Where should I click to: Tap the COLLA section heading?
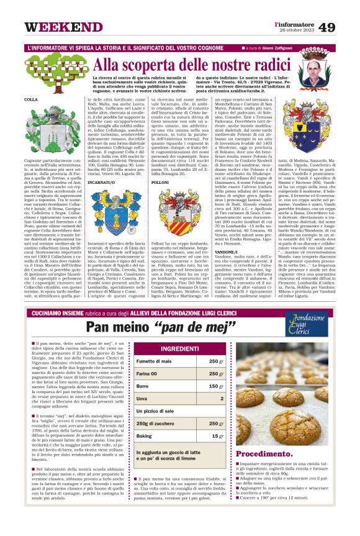(31, 100)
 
